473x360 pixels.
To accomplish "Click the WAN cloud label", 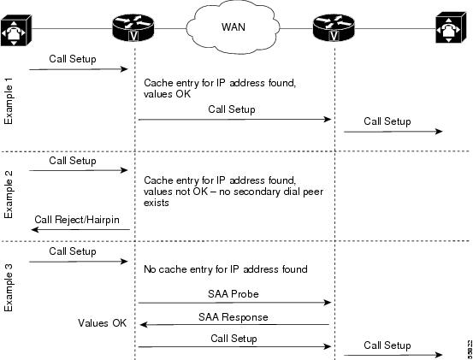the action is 234,27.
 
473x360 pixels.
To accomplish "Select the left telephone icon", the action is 15,30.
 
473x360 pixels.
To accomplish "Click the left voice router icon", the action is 133,27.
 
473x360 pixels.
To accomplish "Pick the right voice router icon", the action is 334,27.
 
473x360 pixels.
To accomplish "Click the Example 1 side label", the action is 9,101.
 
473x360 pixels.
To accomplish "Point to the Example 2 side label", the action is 9,194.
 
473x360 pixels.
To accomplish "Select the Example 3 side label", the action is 9,287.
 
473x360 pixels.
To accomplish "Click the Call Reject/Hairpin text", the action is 77,220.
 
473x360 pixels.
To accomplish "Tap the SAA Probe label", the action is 234,294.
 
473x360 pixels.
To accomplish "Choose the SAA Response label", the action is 234,317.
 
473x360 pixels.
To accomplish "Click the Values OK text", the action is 102,323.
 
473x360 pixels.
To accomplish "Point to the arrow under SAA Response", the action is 234,325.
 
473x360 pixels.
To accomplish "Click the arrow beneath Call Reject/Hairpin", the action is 80,230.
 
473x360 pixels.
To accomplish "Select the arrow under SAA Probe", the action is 234,303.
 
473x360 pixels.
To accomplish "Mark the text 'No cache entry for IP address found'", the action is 225,269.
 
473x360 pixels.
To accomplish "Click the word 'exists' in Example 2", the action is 156,203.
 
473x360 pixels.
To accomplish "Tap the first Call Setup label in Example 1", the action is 73,59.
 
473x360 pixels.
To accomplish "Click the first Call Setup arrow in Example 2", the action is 79,171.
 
